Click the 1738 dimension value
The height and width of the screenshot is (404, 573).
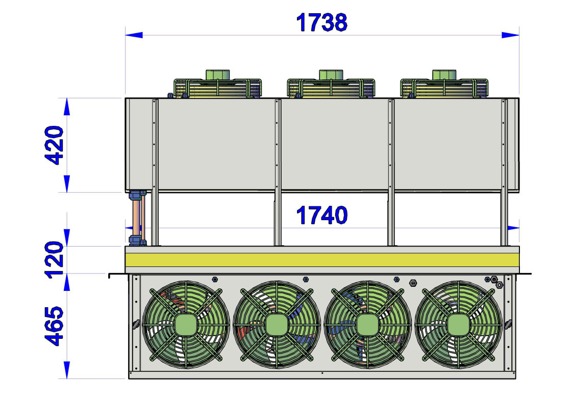point(321,22)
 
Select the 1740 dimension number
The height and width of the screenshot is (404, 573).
point(321,216)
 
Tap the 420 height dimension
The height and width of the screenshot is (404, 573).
point(54,145)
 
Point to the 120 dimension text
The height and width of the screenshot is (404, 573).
point(54,260)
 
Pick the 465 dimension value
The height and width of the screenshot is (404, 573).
point(54,326)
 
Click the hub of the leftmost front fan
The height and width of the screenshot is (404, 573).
point(186,325)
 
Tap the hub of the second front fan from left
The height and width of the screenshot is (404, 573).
point(277,325)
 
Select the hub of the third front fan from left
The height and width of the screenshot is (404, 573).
point(367,325)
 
